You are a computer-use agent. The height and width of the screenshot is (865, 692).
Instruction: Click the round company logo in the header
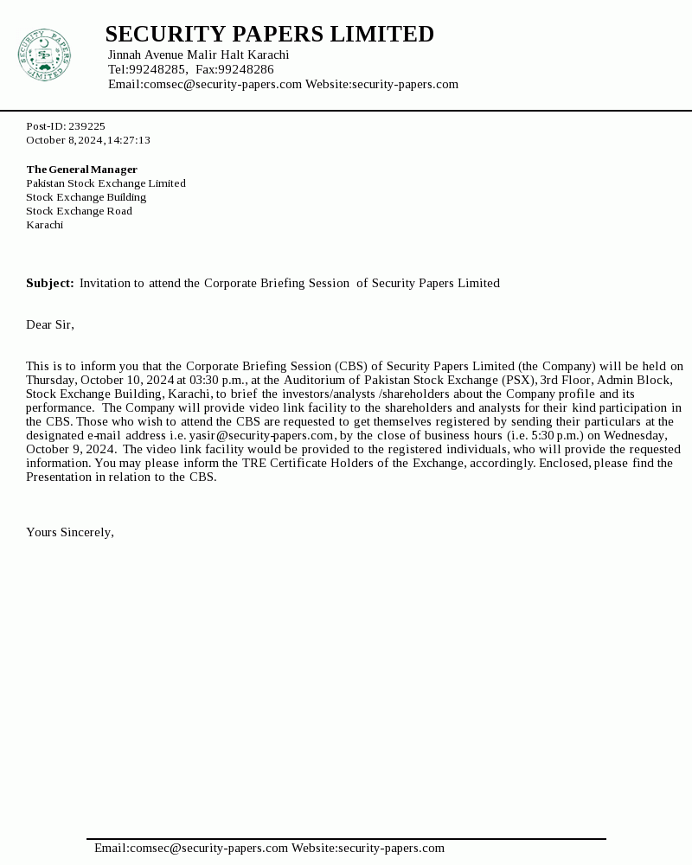pyautogui.click(x=43, y=55)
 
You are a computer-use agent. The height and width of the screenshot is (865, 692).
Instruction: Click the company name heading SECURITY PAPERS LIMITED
pyautogui.click(x=269, y=34)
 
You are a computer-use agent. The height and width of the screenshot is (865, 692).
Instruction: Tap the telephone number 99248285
pyautogui.click(x=157, y=69)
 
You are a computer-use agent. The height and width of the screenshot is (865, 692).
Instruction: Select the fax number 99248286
pyautogui.click(x=246, y=69)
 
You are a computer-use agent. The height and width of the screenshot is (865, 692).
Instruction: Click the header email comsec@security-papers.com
pyautogui.click(x=222, y=84)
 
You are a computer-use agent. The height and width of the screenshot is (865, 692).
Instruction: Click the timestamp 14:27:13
pyautogui.click(x=129, y=140)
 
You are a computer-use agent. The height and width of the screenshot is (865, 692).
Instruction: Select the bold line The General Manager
pyautogui.click(x=81, y=170)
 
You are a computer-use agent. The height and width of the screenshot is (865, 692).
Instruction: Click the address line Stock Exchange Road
pyautogui.click(x=79, y=211)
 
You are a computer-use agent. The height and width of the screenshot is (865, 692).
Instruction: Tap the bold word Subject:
pyautogui.click(x=49, y=283)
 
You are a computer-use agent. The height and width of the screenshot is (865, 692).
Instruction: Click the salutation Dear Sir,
pyautogui.click(x=50, y=324)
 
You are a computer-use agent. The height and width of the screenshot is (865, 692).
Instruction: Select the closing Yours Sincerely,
pyautogui.click(x=70, y=532)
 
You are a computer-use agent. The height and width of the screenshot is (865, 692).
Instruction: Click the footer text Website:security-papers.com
pyautogui.click(x=368, y=848)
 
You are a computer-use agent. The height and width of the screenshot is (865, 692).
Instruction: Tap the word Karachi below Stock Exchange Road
pyautogui.click(x=44, y=225)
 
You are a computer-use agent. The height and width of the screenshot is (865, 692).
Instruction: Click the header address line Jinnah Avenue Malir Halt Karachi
pyautogui.click(x=198, y=54)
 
